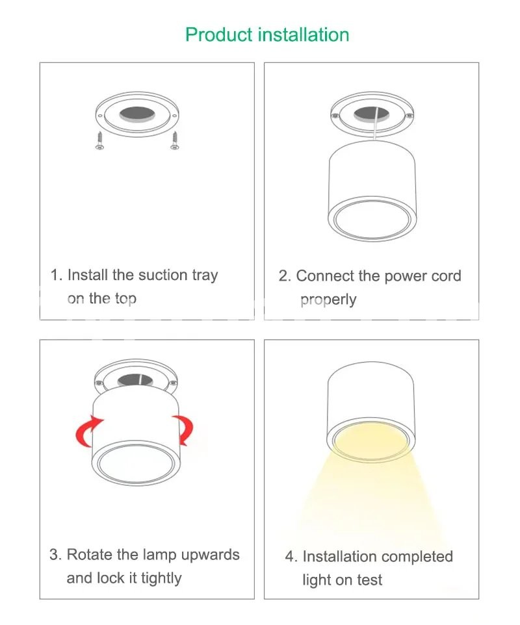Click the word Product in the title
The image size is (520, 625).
pos(219,34)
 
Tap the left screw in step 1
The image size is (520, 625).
pos(99,141)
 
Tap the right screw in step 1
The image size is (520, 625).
pos(175,141)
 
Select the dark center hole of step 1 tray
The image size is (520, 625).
pos(137,114)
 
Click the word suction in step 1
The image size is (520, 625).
pos(162,275)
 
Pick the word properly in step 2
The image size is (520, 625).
pos(328,300)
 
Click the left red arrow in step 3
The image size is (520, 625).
pos(88,431)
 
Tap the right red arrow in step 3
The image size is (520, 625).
pos(183,430)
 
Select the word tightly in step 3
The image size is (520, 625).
pos(161,578)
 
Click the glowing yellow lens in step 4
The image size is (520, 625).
pos(371,440)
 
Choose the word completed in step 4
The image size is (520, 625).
pos(415,556)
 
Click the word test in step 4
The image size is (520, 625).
pos(370,580)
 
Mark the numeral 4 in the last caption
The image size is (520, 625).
pos(289,557)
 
